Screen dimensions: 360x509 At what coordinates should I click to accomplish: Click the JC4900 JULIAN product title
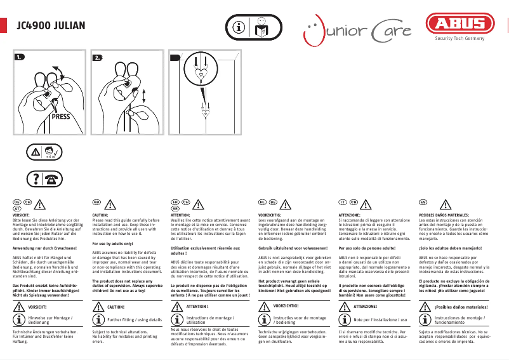51,27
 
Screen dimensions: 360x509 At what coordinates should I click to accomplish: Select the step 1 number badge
20,58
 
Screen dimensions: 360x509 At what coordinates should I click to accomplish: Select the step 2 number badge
98,58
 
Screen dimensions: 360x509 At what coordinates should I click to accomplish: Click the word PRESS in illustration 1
61,117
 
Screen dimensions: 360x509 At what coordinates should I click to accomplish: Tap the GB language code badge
97,202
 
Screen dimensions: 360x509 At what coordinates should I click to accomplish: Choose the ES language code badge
423,202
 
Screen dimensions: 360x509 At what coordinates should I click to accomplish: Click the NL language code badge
261,202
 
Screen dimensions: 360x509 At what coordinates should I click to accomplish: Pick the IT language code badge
343,202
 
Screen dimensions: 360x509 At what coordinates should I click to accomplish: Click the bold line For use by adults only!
112,244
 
